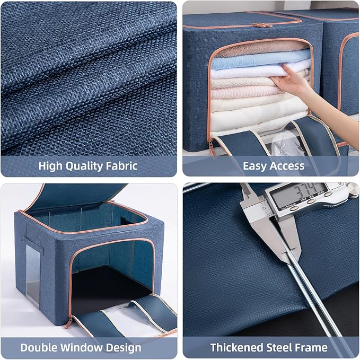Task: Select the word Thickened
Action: click(x=236, y=347)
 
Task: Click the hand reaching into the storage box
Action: click(x=291, y=81)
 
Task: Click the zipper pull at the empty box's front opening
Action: click(x=68, y=322)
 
